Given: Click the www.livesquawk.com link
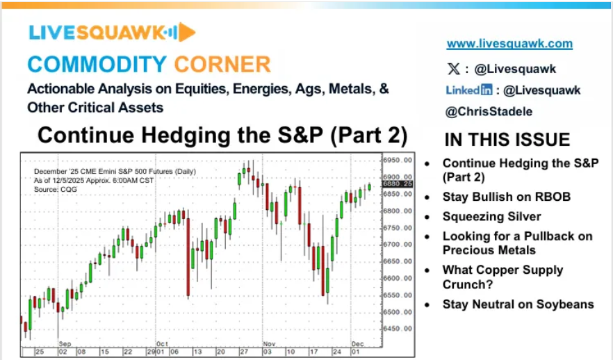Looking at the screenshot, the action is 509,43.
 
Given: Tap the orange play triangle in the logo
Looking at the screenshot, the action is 186,32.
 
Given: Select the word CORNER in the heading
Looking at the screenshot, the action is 222,65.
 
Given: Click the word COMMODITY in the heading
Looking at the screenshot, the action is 97,65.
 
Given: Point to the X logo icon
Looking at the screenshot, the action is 453,69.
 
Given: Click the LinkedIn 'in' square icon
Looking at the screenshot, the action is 487,90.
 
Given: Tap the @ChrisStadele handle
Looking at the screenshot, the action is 489,111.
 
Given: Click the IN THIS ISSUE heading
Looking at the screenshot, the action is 507,140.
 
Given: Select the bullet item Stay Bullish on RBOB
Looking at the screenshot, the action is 506,197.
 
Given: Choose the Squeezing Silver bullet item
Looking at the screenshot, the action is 491,217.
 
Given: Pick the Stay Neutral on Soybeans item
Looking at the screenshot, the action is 518,304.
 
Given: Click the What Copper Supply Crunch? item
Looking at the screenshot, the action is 502,277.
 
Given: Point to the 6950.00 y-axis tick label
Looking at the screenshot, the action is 398,161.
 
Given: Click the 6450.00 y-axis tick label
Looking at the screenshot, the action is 398,329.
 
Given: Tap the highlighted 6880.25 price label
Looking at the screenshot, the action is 398,183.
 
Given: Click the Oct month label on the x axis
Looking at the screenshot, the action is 162,344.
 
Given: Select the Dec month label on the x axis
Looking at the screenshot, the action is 357,344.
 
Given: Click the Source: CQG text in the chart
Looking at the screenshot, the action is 56,190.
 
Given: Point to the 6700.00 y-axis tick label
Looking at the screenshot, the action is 398,245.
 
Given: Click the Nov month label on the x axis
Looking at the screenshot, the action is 269,344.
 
